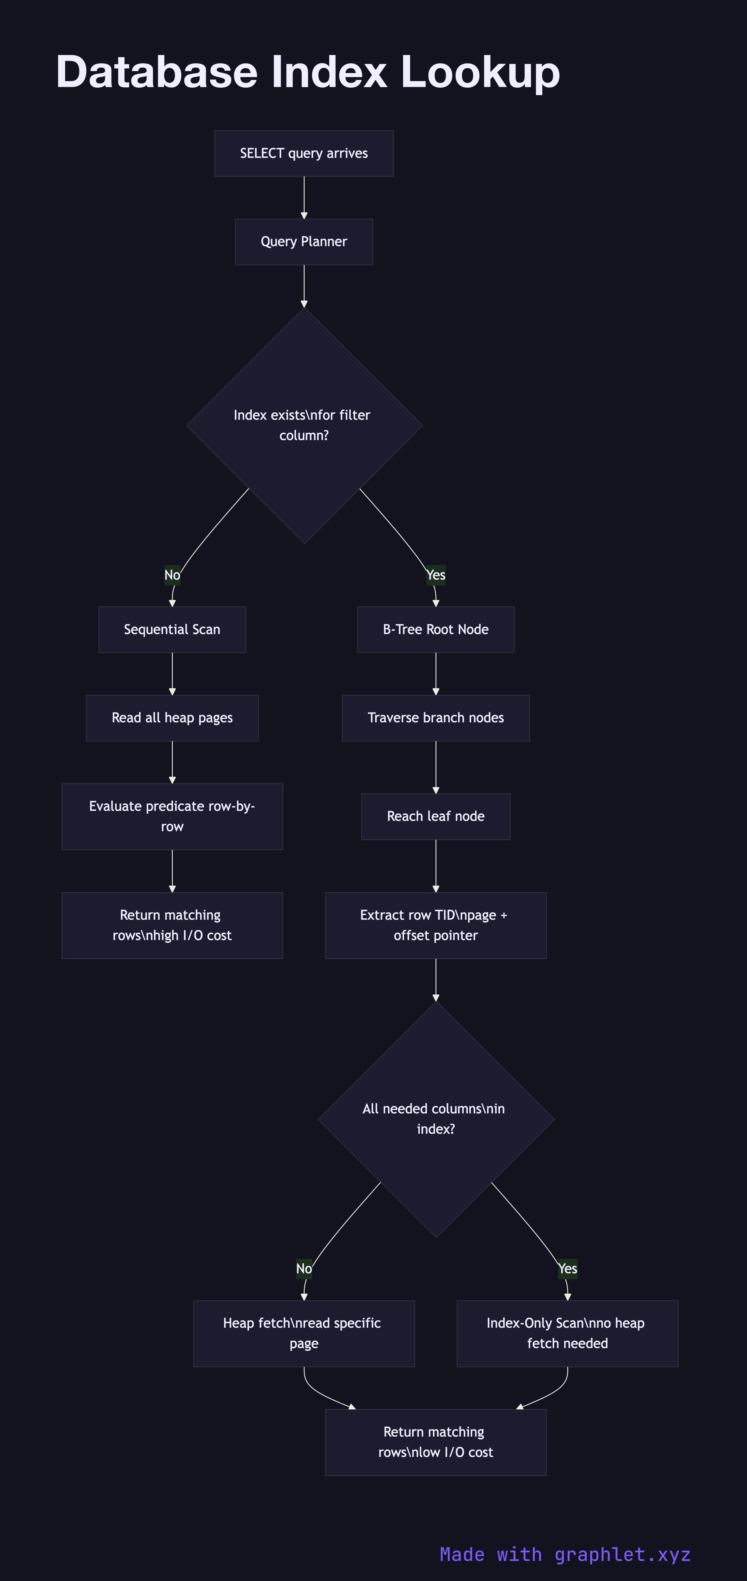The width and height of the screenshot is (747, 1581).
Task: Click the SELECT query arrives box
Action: (304, 154)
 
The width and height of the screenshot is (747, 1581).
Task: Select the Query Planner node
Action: (304, 242)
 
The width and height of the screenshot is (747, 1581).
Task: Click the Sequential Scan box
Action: (172, 630)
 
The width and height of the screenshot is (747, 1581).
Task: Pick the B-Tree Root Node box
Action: (436, 630)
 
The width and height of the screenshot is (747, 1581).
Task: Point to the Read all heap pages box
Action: (172, 718)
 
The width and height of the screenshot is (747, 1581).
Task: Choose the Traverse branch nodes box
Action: (436, 718)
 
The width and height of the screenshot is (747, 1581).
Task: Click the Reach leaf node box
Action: (436, 816)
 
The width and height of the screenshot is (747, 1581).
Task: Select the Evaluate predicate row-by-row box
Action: (172, 816)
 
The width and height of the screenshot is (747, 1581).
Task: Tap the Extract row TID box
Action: (436, 925)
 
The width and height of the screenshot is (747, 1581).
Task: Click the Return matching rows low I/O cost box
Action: (436, 1442)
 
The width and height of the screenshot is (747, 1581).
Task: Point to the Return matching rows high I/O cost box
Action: (172, 925)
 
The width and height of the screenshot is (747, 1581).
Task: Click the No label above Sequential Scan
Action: (172, 575)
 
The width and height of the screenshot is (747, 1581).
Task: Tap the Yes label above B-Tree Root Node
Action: (436, 575)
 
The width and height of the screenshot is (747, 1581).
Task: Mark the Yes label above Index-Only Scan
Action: (567, 1269)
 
